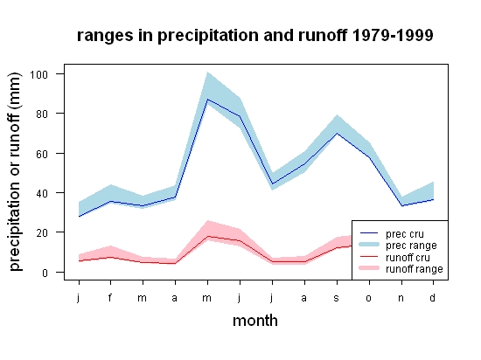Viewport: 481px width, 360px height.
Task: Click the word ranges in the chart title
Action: tap(105, 36)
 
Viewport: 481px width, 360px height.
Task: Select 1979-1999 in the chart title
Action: tap(393, 35)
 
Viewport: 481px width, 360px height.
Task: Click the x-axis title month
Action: tap(255, 321)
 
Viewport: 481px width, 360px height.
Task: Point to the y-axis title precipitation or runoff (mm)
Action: tap(15, 172)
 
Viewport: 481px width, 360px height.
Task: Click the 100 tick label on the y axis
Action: tap(38, 74)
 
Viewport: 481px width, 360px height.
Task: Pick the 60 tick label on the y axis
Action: tap(42, 154)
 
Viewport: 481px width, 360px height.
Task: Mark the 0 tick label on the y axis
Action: tap(45, 273)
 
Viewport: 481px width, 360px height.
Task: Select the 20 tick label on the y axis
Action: tap(42, 232)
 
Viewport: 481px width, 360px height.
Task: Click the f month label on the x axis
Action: tap(110, 297)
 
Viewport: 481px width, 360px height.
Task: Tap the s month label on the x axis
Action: tap(337, 298)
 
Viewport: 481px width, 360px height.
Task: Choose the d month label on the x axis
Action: tap(432, 297)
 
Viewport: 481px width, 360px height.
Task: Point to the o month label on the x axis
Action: tap(369, 298)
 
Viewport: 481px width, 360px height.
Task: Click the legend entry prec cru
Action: tap(405, 234)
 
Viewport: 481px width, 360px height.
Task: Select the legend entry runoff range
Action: tap(415, 269)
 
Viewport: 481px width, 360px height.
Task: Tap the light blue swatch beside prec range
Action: tap(369, 245)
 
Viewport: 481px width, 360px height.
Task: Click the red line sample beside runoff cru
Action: tap(369, 256)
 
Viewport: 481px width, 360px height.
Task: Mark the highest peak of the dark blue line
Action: tap(207, 100)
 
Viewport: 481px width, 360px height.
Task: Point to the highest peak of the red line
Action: tap(207, 236)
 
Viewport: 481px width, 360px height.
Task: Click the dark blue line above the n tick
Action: tap(401, 205)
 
